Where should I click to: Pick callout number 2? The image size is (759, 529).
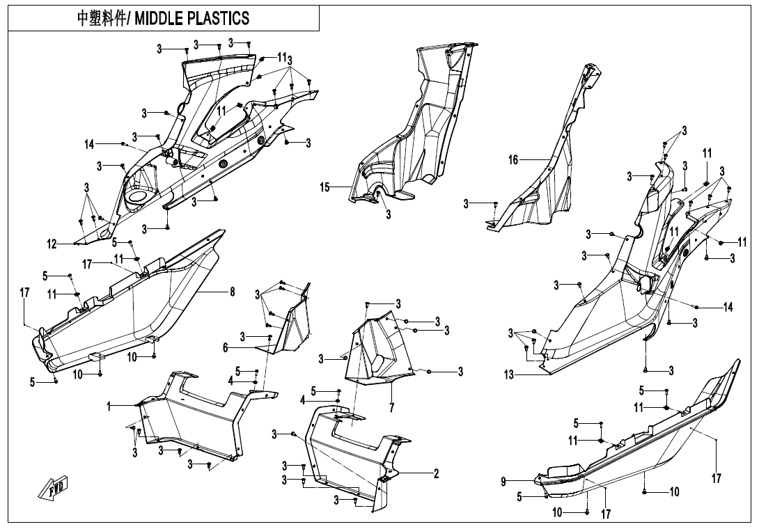436,474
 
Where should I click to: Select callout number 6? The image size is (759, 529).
225,347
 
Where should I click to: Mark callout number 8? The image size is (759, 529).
233,293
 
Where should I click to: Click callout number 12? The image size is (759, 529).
52,244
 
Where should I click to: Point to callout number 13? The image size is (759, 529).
509,375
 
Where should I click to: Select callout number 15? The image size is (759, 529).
324,187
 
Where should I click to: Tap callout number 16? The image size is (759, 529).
513,160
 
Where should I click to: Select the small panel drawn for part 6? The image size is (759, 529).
292,327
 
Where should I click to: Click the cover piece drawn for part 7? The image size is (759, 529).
376,348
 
